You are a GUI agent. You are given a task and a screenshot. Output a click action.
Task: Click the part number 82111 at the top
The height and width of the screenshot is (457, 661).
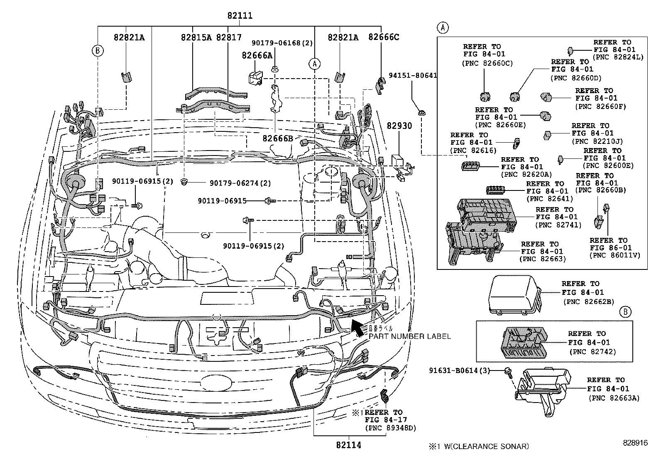pos(240,16)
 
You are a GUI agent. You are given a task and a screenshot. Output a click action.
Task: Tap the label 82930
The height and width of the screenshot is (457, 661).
pos(399,126)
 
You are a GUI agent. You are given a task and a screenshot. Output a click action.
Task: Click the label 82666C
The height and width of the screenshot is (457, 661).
pos(384,37)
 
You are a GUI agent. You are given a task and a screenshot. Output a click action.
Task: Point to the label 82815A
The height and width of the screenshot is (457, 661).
pos(196,37)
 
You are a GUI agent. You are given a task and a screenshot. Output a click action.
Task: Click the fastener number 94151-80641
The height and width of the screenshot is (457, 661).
pos(413,76)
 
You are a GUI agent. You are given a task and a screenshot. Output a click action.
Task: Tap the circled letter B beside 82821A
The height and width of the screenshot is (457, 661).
pos(98,51)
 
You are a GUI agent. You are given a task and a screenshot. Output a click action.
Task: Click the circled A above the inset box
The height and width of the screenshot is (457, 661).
pos(443,28)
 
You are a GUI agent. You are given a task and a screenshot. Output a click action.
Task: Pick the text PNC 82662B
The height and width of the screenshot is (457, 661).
pos(588,301)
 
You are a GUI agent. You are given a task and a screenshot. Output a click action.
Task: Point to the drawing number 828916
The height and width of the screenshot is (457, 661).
pos(634,443)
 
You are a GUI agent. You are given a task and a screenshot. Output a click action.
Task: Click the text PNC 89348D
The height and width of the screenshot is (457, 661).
pos(390,428)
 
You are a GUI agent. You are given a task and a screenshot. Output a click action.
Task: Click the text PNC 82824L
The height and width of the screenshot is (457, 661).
pos(617,57)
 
